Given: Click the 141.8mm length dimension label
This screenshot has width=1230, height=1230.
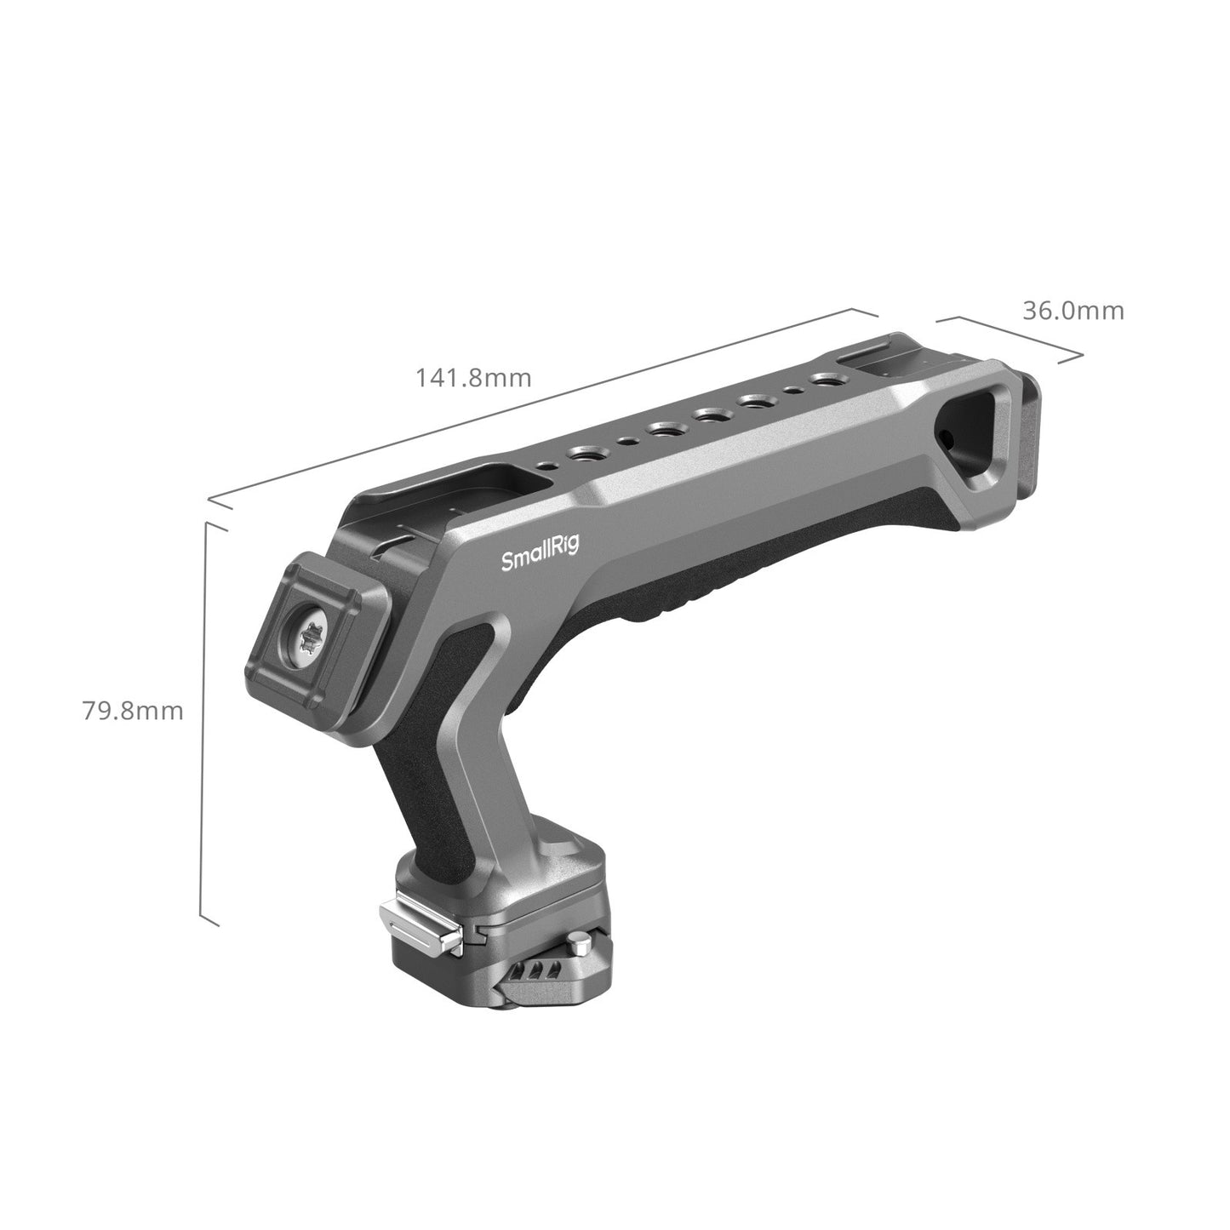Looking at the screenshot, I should (473, 377).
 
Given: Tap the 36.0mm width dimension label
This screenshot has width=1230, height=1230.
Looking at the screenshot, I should (1073, 311).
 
